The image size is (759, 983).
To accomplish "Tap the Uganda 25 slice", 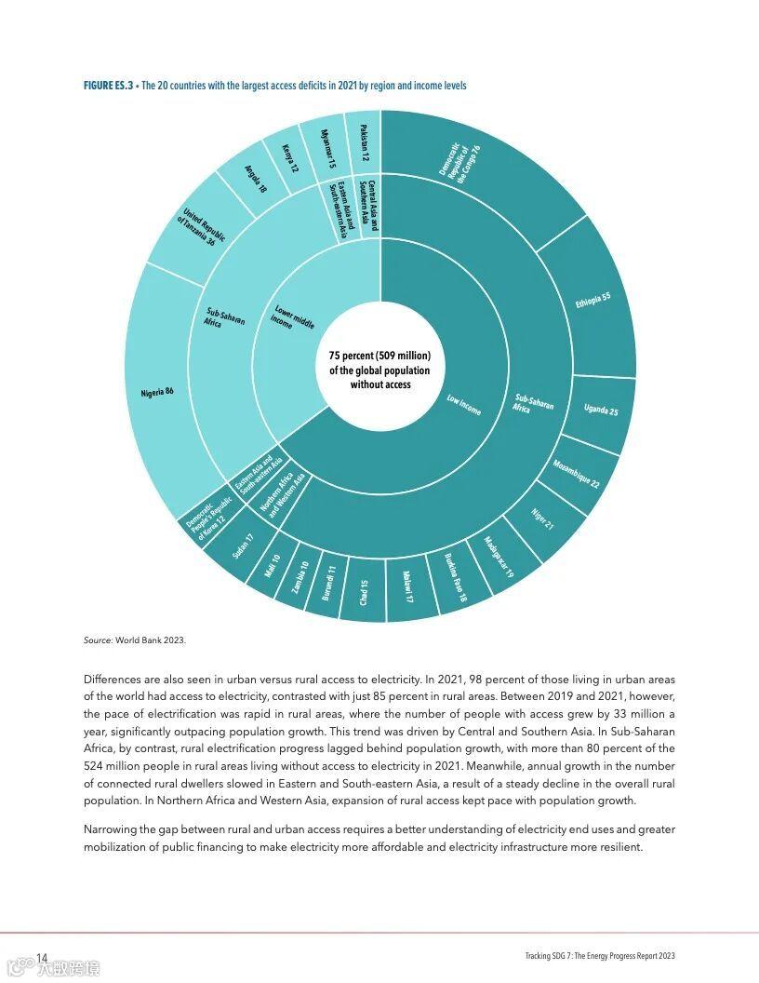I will [x=600, y=410].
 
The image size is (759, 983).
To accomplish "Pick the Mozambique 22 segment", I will [x=576, y=474].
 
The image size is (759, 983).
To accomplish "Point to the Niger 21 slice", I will [x=542, y=519].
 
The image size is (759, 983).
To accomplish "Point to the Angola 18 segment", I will [x=255, y=179].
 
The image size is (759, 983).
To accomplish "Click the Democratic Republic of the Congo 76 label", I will [x=460, y=163].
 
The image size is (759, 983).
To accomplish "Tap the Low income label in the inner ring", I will [x=463, y=405].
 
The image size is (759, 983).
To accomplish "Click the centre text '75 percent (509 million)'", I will [x=379, y=357].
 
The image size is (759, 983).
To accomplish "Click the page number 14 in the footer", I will [x=42, y=958].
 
